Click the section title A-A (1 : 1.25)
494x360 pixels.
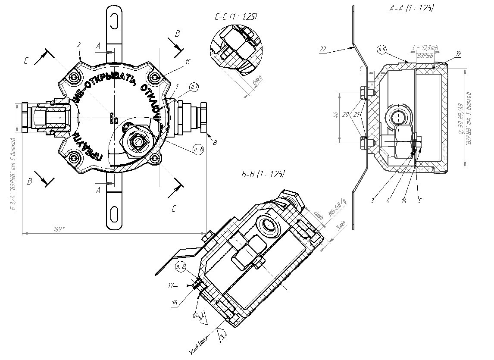click(x=410, y=8)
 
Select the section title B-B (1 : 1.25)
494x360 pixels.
click(x=263, y=174)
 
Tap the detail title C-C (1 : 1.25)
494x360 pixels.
click(x=235, y=17)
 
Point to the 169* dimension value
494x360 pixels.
click(x=59, y=229)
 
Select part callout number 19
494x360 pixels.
click(x=458, y=53)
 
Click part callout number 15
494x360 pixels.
click(x=187, y=62)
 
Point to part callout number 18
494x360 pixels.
click(x=175, y=304)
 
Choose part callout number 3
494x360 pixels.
click(x=372, y=200)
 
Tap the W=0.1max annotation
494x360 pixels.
click(x=199, y=345)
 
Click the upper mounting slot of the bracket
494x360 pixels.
click(x=114, y=20)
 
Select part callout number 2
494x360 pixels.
click(x=79, y=45)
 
